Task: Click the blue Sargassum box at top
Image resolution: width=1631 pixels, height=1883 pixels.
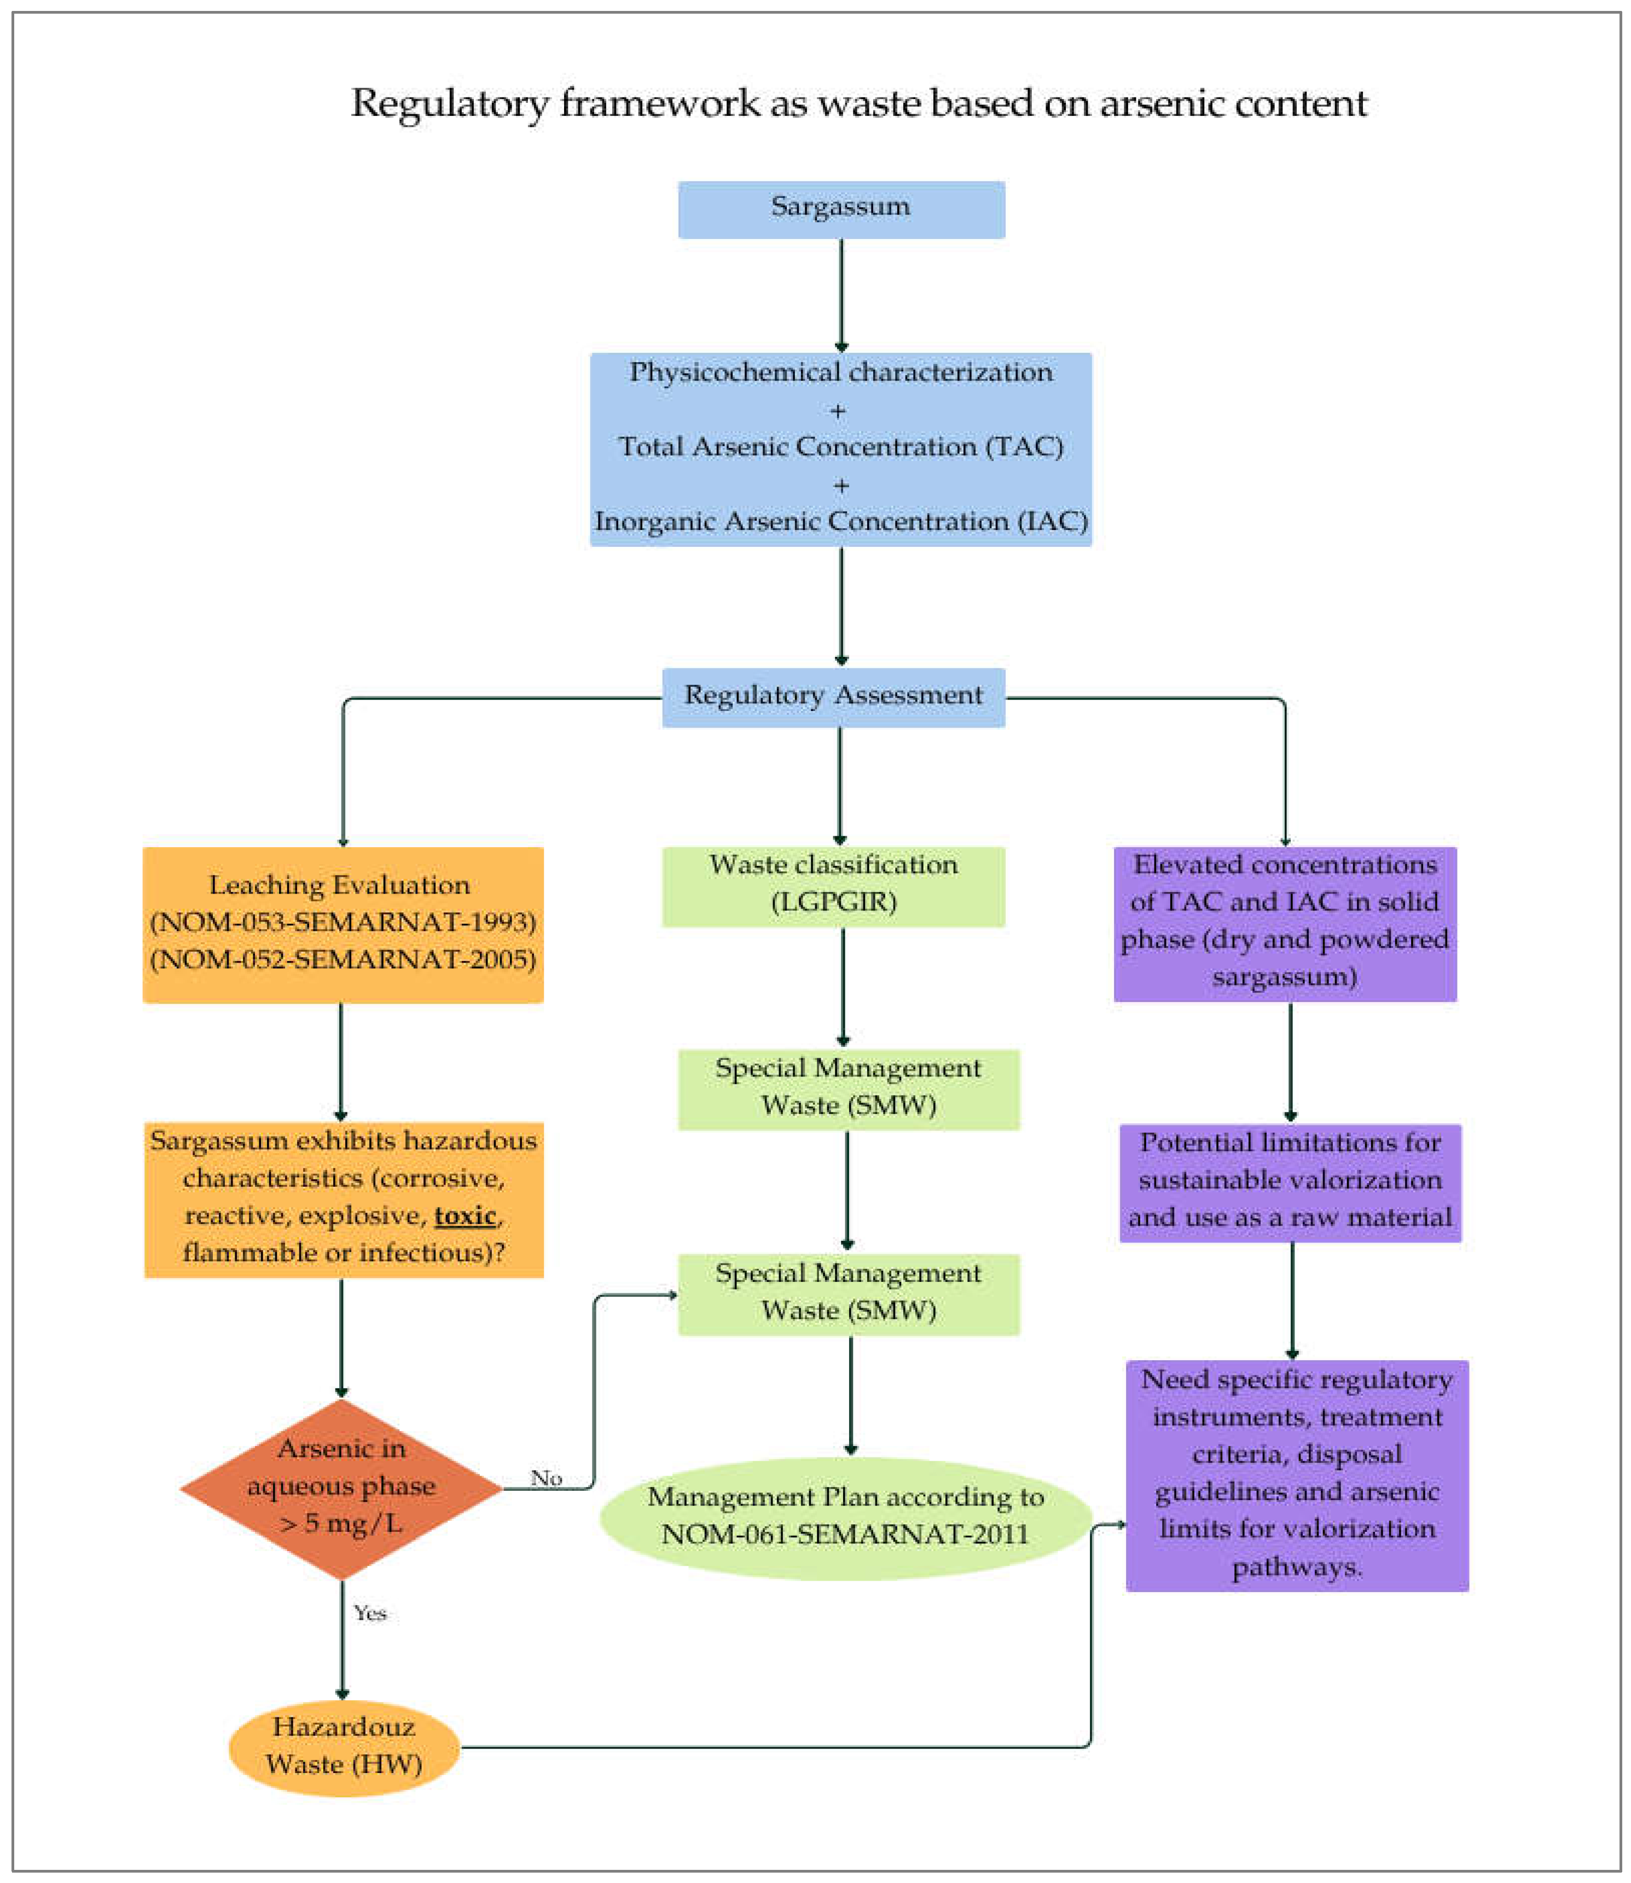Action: tap(841, 209)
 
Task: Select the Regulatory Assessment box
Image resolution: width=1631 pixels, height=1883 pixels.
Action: tap(834, 698)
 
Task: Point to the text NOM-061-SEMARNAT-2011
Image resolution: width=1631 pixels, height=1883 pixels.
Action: tap(845, 1535)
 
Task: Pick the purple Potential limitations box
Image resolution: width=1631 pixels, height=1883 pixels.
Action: tap(1291, 1182)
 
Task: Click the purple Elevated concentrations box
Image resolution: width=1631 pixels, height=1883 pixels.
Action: tap(1285, 924)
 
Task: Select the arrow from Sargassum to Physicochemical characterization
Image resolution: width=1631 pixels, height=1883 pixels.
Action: tap(841, 296)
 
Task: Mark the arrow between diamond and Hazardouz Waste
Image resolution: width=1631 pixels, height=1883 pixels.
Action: tap(342, 1639)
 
